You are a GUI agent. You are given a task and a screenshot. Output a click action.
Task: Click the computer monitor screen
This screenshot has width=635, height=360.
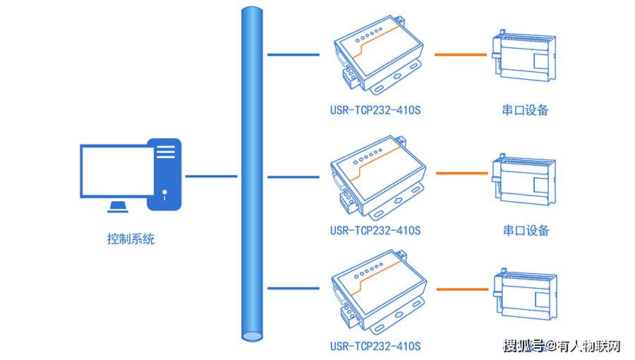[x=116, y=172]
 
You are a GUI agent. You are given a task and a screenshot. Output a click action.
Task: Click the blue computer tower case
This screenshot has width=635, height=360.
[x=164, y=174]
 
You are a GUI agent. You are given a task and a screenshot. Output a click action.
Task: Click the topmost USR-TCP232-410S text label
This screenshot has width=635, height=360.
[x=375, y=110]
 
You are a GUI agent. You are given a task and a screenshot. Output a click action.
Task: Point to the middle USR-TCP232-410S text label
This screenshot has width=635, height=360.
[x=375, y=230]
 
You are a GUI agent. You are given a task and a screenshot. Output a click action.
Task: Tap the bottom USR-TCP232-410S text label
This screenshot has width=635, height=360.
[x=375, y=346]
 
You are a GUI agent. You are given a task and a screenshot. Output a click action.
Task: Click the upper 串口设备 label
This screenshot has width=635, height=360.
[x=526, y=110]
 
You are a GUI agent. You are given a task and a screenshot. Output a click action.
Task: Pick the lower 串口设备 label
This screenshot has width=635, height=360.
[x=526, y=230]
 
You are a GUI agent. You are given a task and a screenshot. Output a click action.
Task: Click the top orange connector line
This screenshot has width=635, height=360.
[x=460, y=54]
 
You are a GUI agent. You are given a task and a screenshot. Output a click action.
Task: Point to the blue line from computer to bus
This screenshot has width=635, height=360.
[x=211, y=175]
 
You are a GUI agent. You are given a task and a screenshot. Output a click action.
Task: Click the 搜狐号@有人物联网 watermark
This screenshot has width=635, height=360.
[x=562, y=346]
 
